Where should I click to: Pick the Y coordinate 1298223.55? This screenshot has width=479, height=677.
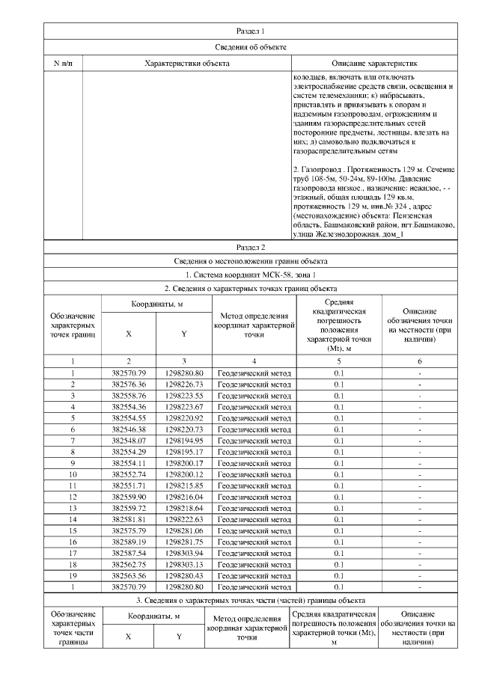184,396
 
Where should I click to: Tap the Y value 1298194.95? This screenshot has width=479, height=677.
184,441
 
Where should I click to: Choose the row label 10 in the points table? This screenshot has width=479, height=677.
73,474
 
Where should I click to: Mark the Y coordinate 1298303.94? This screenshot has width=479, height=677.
184,553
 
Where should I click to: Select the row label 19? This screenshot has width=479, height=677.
73,575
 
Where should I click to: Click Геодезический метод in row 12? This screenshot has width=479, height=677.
254,497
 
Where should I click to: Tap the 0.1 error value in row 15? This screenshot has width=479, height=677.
339,530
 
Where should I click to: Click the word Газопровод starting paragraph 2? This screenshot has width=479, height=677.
326,170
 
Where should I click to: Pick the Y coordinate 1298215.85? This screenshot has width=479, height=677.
184,485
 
